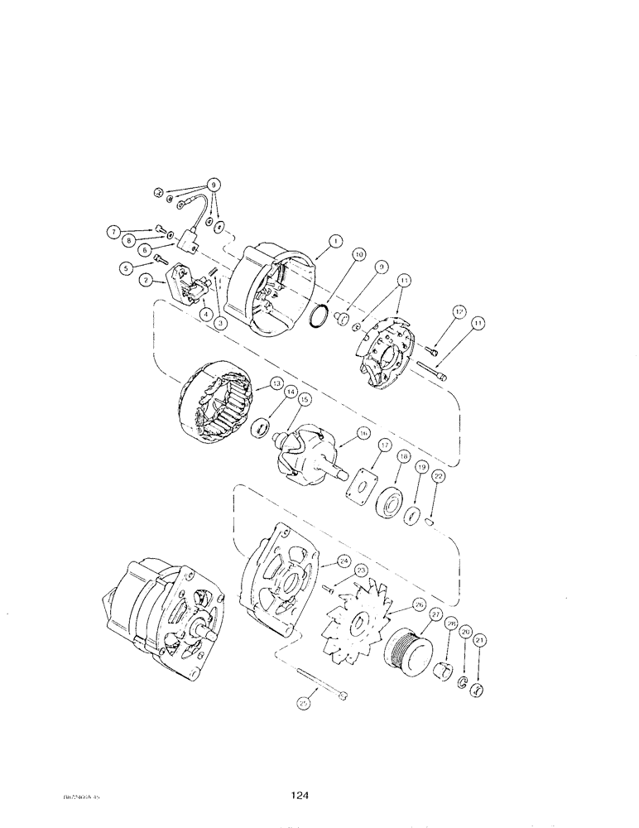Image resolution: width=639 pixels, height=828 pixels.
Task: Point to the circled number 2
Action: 145,282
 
